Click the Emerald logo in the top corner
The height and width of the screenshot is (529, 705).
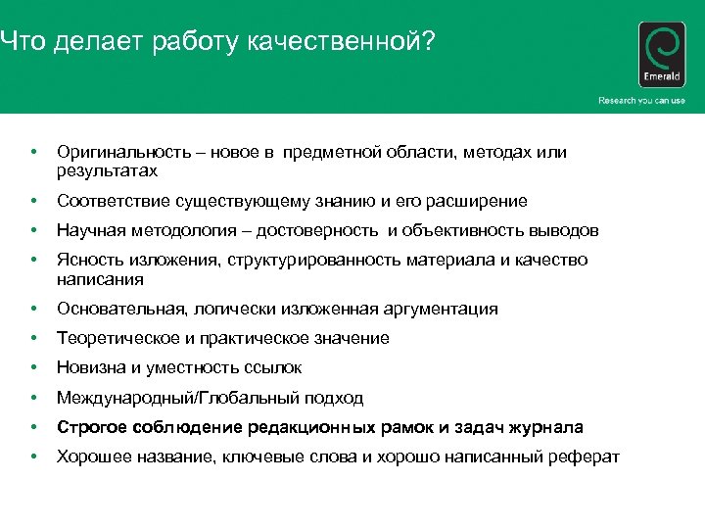(x=662, y=57)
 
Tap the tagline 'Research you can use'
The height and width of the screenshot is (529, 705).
(x=641, y=101)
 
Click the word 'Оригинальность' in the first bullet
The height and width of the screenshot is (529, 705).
(x=114, y=153)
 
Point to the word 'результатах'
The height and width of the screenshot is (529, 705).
(x=107, y=171)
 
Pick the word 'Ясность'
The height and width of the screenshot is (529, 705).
(x=88, y=261)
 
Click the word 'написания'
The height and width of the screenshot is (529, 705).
(x=100, y=279)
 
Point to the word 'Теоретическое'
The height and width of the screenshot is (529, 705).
(x=112, y=339)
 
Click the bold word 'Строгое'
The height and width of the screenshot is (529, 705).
(x=90, y=427)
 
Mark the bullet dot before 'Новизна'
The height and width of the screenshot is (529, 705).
(x=34, y=368)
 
